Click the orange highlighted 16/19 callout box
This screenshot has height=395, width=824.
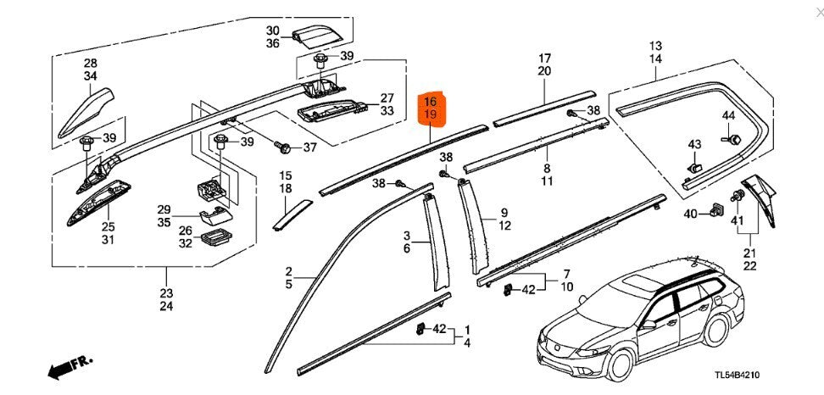click(431, 107)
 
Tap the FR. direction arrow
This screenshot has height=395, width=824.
click(69, 366)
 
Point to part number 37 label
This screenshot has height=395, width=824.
click(309, 147)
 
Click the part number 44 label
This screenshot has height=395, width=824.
click(729, 115)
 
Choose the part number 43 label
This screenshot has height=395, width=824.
click(694, 143)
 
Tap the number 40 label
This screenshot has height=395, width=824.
click(691, 214)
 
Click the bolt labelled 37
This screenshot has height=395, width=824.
click(286, 148)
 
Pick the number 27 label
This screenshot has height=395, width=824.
click(387, 97)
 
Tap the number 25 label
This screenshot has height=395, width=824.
click(109, 226)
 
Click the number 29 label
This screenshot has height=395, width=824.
click(164, 209)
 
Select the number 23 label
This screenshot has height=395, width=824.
click(165, 293)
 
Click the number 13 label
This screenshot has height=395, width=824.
click(655, 45)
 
